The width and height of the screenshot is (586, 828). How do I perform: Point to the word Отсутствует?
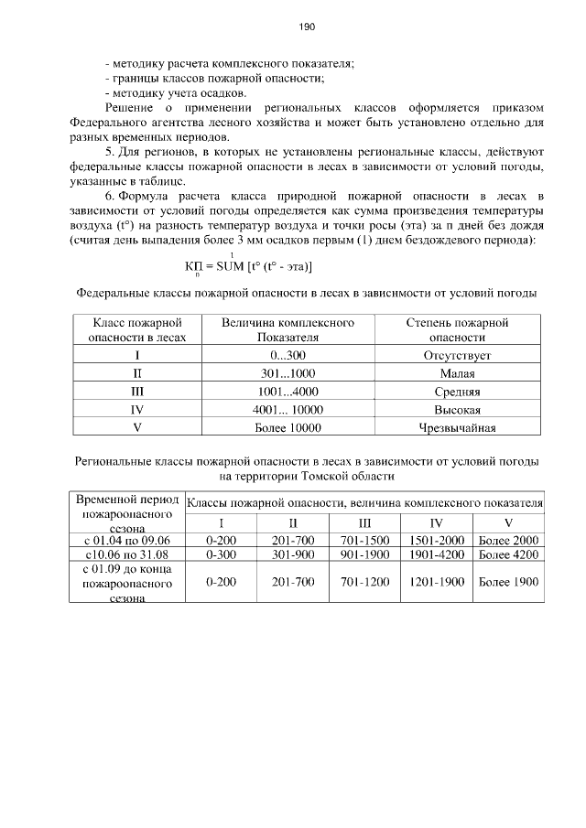[x=457, y=355]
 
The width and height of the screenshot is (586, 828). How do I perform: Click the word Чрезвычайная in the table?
[x=457, y=427]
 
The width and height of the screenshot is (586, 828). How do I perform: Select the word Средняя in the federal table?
[x=457, y=392]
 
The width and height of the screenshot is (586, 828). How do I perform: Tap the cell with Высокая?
[x=457, y=409]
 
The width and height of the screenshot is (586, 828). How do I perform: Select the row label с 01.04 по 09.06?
[x=127, y=540]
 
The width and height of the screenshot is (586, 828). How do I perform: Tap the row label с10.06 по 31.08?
[x=127, y=554]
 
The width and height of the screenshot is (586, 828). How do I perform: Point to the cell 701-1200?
[x=364, y=582]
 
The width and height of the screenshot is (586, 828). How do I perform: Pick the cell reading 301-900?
[x=293, y=554]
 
